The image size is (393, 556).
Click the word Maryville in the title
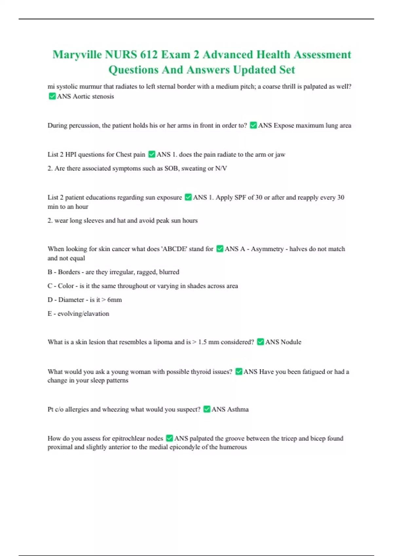77,55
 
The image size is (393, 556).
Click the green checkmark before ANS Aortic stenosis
52,96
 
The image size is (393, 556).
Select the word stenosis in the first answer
103,96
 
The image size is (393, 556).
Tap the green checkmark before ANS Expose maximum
253,125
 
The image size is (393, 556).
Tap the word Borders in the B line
69,272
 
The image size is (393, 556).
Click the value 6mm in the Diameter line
115,300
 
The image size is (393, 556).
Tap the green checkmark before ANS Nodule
260,342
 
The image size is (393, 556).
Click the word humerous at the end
233,447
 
